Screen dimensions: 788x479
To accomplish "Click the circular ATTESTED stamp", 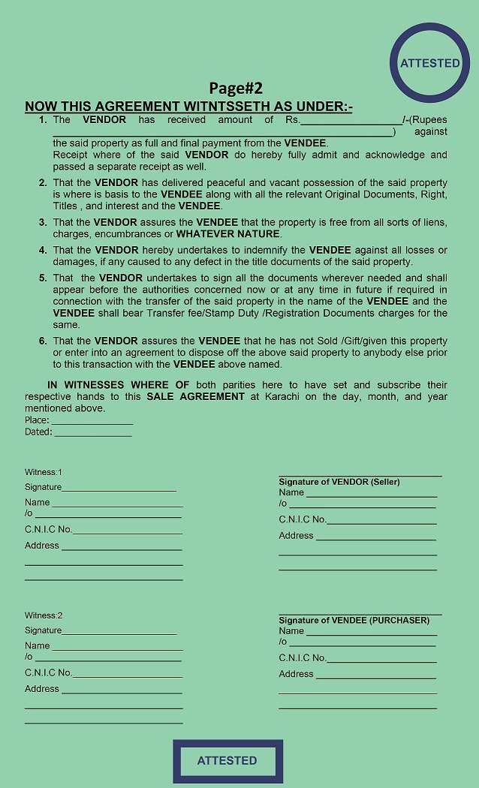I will point(429,63).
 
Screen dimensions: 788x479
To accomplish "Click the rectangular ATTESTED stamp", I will point(227,760).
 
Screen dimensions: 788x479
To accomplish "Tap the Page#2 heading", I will point(236,88).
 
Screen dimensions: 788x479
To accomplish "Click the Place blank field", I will point(92,421).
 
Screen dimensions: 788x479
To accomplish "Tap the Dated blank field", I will point(92,433).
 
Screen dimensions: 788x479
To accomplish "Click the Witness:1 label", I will point(44,472).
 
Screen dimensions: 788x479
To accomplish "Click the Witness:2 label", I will point(44,615).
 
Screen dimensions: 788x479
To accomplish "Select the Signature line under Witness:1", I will point(119,489).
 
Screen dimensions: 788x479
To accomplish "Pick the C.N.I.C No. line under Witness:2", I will point(127,674).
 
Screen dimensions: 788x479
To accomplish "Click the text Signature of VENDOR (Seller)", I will point(339,482).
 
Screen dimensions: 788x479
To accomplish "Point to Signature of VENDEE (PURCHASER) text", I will point(354,621).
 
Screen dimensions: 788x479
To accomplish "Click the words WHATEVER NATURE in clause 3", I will point(227,234).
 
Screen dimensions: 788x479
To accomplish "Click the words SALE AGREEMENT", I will point(195,396).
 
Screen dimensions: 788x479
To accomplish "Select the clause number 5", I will point(43,278).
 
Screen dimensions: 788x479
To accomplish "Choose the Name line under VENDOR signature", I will point(371,494).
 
